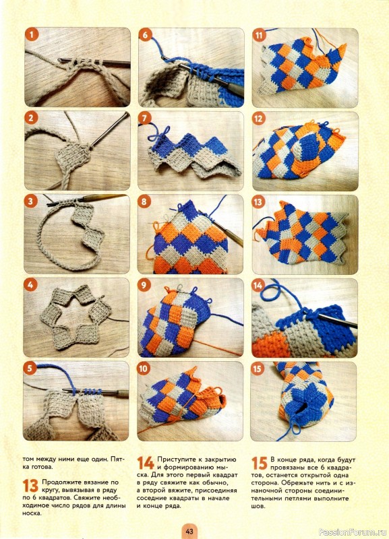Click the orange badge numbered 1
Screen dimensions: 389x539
(x=32, y=35)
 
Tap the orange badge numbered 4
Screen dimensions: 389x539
(x=30, y=285)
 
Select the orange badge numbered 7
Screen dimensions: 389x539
(x=145, y=119)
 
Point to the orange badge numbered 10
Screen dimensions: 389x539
(x=144, y=369)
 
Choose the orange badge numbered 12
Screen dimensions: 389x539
(x=259, y=119)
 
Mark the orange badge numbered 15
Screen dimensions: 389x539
(x=258, y=369)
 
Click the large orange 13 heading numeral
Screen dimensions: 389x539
(x=30, y=486)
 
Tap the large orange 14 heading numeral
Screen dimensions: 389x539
(x=146, y=463)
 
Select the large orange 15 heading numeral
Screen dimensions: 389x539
(x=260, y=463)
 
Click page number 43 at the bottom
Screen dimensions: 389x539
(x=189, y=531)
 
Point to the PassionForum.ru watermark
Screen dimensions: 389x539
(x=353, y=532)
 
